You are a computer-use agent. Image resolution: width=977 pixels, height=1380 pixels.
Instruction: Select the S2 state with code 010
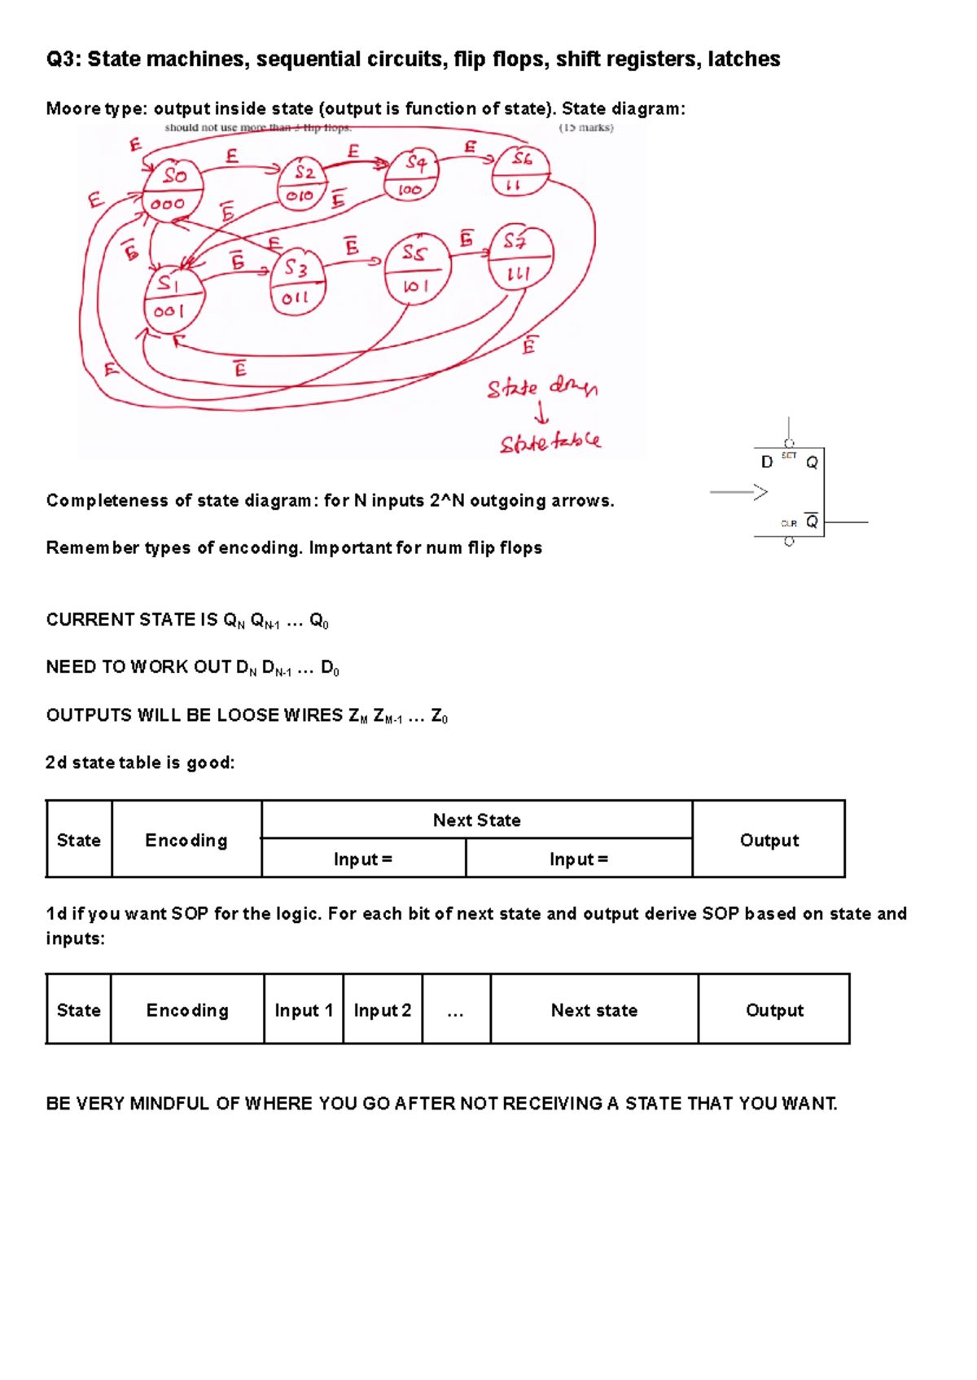coord(302,184)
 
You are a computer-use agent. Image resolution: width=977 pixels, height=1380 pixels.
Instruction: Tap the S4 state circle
coord(412,176)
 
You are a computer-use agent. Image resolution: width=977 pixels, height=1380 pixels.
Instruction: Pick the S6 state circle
coord(520,171)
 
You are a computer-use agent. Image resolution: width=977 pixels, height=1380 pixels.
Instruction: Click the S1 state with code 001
coord(173,299)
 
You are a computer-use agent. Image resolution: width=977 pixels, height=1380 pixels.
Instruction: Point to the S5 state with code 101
coord(416,270)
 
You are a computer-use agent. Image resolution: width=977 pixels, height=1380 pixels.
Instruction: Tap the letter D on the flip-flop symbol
coord(766,463)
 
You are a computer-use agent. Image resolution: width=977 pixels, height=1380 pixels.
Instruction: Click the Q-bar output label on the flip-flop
coord(812,521)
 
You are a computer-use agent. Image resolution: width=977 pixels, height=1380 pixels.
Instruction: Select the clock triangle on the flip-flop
coord(760,492)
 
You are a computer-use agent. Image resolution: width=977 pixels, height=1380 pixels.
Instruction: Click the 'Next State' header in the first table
coord(476,820)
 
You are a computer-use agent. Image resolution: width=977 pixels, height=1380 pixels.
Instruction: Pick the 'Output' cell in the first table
coord(769,840)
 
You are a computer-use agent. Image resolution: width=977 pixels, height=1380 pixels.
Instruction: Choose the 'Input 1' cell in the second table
coord(304,1010)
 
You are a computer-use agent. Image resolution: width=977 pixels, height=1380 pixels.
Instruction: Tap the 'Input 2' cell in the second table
coord(382,1010)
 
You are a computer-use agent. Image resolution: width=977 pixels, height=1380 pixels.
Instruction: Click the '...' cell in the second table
coord(455,1011)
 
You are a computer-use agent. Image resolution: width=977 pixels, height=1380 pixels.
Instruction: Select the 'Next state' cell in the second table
coord(594,1010)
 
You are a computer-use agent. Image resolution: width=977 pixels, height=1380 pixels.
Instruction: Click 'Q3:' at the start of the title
coord(64,59)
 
